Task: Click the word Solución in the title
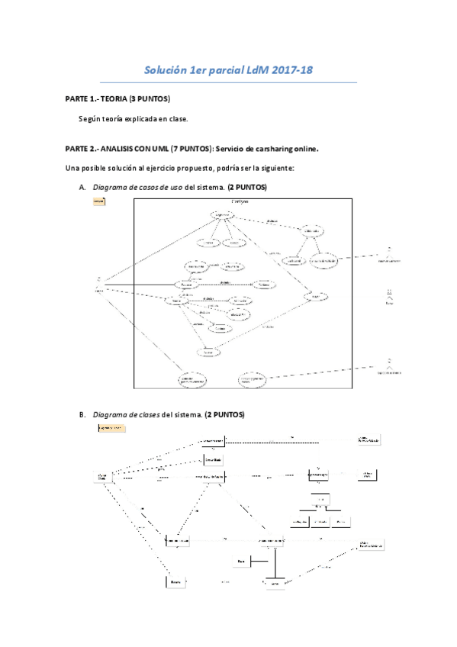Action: [163, 70]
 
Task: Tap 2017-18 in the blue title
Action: [291, 70]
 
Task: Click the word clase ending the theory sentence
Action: [176, 119]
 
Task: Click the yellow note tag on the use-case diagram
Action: [98, 201]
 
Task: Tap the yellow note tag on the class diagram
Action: [111, 429]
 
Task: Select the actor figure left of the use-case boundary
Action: [98, 283]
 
